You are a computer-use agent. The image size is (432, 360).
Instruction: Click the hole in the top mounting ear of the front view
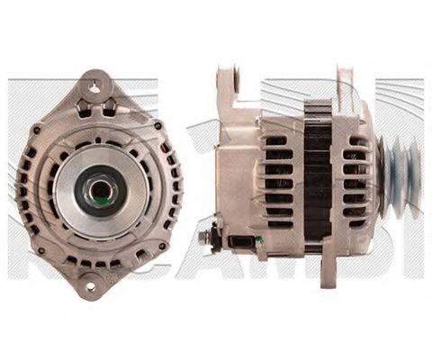[94, 87]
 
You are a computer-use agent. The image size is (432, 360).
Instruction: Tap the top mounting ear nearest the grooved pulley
[346, 85]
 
